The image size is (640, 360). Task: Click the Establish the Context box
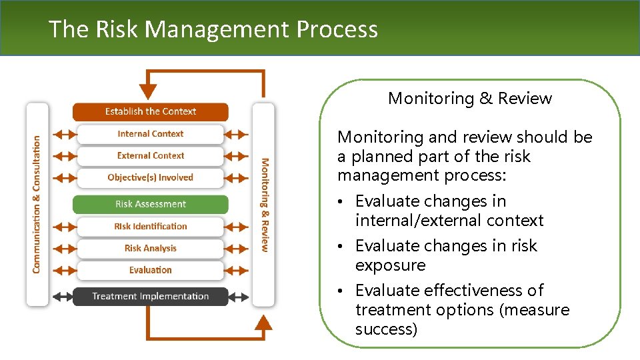150,111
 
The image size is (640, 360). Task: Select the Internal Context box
150,133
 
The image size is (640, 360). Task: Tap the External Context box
150,155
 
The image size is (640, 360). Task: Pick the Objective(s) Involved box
150,177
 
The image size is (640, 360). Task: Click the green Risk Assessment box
150,204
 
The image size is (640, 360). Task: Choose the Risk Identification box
150,226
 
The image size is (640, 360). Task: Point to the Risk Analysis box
150,248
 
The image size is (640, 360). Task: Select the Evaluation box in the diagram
150,270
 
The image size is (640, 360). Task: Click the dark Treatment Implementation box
150,296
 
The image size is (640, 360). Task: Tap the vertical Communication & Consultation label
37,204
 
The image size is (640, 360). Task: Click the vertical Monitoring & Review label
264,204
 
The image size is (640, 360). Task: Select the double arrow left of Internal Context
65,134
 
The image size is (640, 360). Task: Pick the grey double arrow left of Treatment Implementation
65,297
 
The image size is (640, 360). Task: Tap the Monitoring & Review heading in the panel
470,99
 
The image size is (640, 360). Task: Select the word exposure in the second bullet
390,265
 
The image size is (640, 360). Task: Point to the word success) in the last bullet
386,329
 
